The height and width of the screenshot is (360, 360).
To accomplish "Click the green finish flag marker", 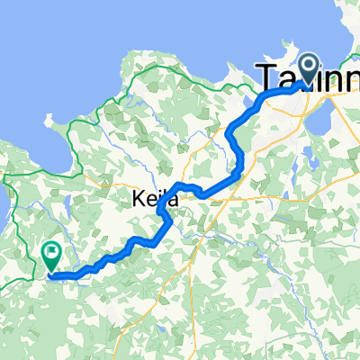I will [x=52, y=258].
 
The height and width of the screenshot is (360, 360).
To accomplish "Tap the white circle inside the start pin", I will [x=308, y=64].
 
